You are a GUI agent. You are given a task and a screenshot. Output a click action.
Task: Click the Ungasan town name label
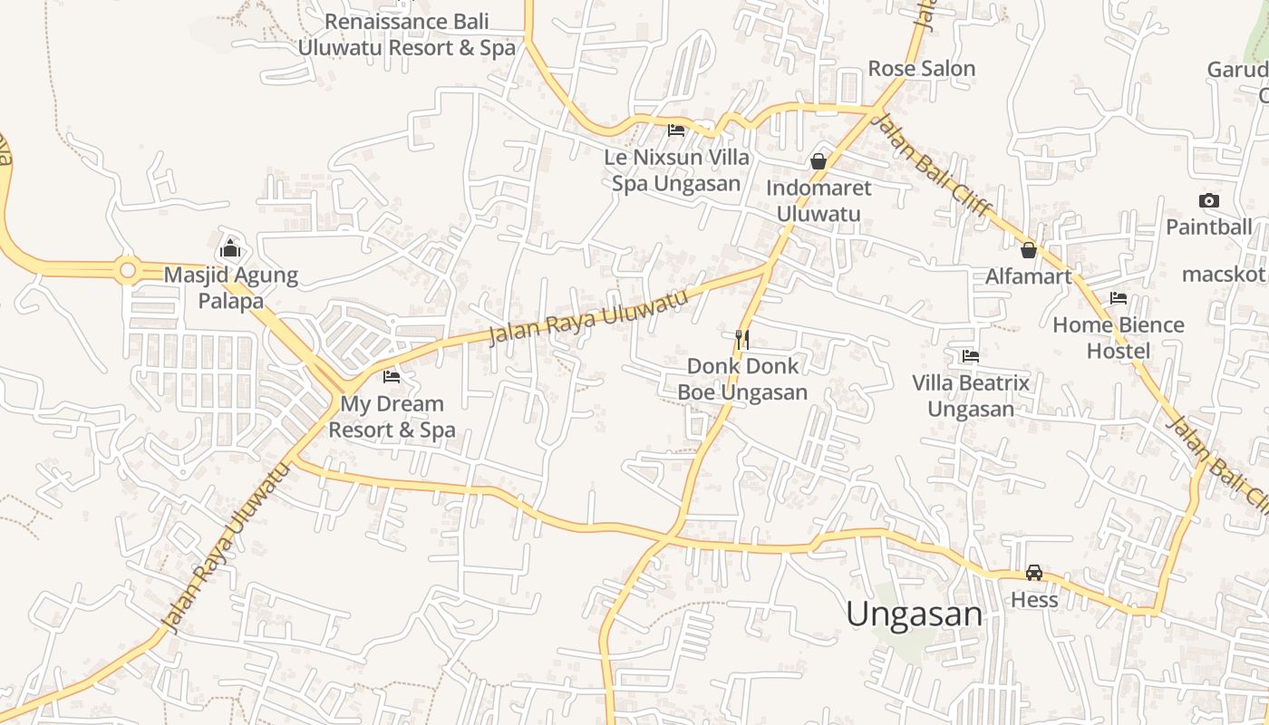914,614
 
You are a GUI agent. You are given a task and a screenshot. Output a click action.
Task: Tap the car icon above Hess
1033,573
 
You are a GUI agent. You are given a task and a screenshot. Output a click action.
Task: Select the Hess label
1034,600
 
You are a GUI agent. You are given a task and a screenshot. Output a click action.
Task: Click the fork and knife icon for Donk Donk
741,340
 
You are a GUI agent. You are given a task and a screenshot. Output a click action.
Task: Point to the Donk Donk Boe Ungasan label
742,379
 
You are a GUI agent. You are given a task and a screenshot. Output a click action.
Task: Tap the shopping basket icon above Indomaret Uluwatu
819,161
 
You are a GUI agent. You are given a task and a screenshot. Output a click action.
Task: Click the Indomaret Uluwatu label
819,200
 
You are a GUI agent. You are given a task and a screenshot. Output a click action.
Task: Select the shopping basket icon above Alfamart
1029,250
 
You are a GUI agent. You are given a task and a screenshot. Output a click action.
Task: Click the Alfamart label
1029,276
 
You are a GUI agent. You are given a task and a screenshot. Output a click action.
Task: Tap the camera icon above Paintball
1208,201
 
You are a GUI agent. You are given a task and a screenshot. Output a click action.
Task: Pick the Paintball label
1208,227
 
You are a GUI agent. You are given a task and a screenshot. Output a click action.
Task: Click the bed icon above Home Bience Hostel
1119,298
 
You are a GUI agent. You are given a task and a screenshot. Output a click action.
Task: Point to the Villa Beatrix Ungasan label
971,395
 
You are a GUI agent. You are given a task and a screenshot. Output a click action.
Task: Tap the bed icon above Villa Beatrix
971,356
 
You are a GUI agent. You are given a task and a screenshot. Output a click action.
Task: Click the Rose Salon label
921,68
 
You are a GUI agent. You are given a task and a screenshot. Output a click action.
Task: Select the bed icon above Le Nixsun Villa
676,130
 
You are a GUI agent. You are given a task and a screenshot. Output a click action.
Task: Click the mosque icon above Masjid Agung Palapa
230,248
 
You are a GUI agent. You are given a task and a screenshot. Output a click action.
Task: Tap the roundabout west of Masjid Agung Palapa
127,270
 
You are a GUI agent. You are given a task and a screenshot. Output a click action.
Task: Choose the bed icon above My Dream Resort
392,376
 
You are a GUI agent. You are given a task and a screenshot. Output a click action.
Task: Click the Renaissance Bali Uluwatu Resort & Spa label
406,34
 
